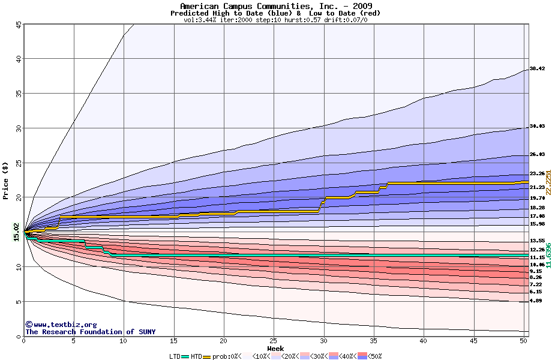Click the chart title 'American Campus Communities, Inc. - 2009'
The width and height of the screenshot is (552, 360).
pyautogui.click(x=275, y=6)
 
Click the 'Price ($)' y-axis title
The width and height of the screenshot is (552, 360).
pyautogui.click(x=6, y=180)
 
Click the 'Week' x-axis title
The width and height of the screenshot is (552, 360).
pyautogui.click(x=275, y=348)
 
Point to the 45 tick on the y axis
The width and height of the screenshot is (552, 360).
pyautogui.click(x=19, y=25)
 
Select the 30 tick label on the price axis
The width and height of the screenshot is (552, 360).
pyautogui.click(x=19, y=128)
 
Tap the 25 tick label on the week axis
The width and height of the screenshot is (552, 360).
pyautogui.click(x=274, y=341)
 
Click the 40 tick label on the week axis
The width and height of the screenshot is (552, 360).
pyautogui.click(x=424, y=341)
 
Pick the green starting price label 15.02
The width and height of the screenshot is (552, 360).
pyautogui.click(x=16, y=231)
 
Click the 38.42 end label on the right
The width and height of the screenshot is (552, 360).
pyautogui.click(x=537, y=68)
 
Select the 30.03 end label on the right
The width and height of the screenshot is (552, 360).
pyautogui.click(x=537, y=127)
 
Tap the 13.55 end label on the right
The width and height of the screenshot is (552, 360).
pyautogui.click(x=537, y=241)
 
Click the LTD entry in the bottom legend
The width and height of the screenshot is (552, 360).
pyautogui.click(x=174, y=356)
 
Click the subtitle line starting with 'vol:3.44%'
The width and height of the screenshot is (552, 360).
pyautogui.click(x=275, y=20)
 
